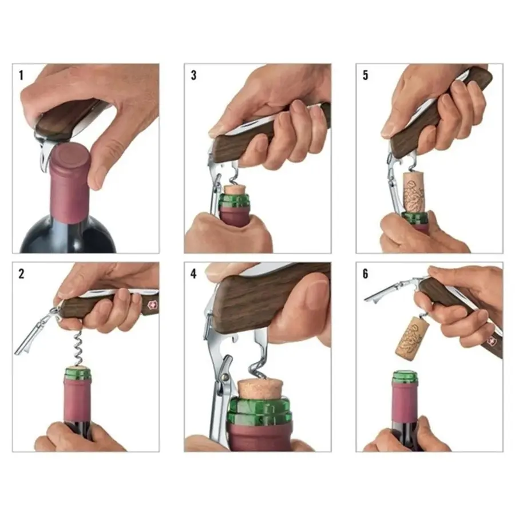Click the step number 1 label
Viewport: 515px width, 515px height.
point(21,74)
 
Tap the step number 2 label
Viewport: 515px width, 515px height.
point(22,273)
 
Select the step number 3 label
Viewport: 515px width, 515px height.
point(193,74)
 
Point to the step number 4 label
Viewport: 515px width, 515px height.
point(193,273)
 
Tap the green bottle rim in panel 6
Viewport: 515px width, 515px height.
point(405,377)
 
